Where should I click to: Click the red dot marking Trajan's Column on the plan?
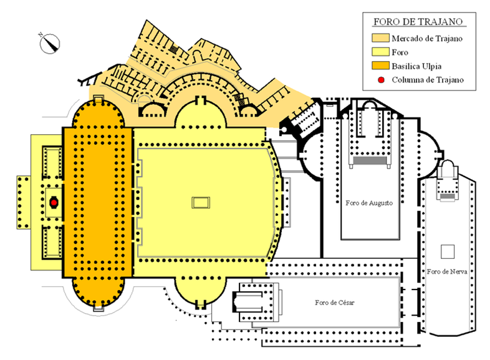[x=54, y=203]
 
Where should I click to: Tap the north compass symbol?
[x=49, y=43]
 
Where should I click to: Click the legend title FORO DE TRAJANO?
[x=418, y=22]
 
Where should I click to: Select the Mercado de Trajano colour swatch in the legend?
[x=380, y=38]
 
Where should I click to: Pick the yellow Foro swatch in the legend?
[x=380, y=52]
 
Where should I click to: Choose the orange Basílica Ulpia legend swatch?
[x=380, y=66]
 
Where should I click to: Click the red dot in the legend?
[x=381, y=80]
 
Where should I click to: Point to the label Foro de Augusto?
[x=369, y=203]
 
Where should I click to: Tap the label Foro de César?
[x=335, y=303]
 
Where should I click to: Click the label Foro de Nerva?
[x=447, y=271]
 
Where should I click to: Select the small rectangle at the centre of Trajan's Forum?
[x=201, y=203]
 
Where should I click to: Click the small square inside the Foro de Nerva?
[x=448, y=252]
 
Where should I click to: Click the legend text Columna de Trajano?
[x=428, y=80]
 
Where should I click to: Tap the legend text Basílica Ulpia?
[x=416, y=66]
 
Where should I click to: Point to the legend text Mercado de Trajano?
[x=427, y=39]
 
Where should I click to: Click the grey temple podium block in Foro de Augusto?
[x=370, y=160]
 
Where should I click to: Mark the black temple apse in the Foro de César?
[x=234, y=302]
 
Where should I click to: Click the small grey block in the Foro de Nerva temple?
[x=448, y=197]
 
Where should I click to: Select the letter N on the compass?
[x=41, y=34]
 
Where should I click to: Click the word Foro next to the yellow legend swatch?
[x=400, y=52]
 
